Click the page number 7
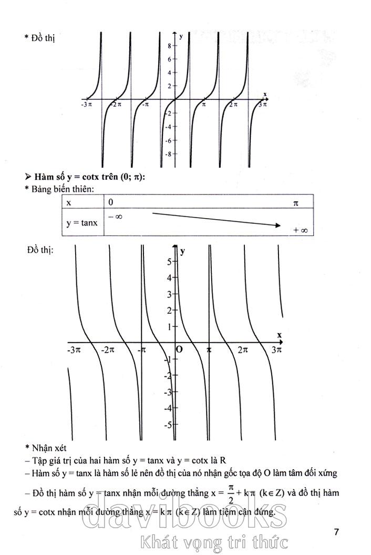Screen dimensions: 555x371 336,532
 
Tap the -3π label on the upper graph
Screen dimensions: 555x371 87,105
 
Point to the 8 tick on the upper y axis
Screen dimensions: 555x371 169,46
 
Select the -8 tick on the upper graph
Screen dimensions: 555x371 168,154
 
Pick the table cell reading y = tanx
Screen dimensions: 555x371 82,223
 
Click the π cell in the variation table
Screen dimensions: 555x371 295,202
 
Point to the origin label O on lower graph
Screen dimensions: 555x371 179,350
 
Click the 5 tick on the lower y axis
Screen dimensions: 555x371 169,261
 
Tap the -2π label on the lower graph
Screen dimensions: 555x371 108,350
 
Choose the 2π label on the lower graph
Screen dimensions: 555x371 242,350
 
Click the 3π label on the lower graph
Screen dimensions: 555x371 277,350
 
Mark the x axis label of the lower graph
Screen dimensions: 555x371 279,335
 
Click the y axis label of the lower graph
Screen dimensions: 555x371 183,251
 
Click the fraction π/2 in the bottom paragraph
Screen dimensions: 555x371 230,494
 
